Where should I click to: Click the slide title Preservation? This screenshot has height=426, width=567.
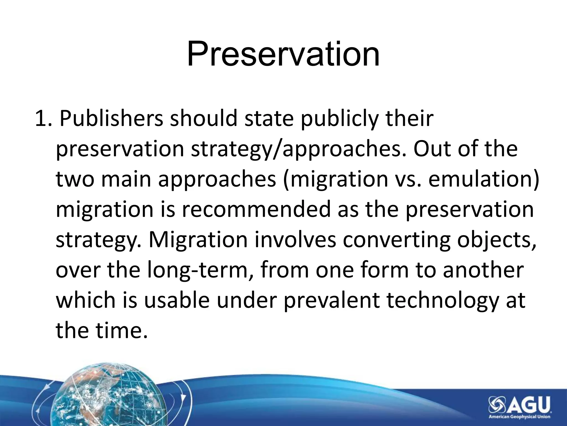(x=283, y=54)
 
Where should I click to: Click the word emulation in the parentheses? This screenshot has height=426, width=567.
(x=481, y=179)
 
